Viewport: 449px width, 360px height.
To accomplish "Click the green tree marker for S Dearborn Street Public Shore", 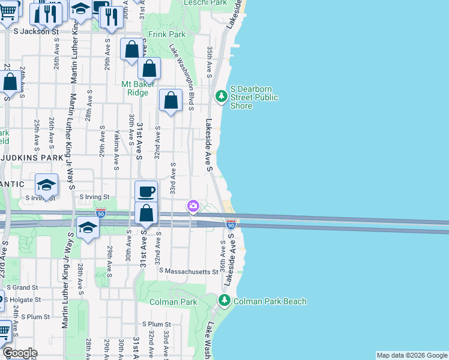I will [221, 95].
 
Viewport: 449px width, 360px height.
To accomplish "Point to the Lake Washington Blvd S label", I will [182, 77].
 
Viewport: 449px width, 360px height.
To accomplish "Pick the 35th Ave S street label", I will [209, 62].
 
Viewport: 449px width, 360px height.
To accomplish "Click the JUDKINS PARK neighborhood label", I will [32, 158].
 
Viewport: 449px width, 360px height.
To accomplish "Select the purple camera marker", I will [193, 206].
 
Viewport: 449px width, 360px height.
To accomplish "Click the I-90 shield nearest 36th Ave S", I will [231, 224].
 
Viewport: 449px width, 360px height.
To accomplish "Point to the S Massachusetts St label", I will [188, 272].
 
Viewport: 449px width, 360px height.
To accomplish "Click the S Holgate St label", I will [20, 299].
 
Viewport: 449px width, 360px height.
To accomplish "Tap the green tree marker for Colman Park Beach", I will [224, 300].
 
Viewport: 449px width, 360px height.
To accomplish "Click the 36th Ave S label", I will [223, 255].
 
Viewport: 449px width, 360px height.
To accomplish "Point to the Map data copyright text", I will [412, 355].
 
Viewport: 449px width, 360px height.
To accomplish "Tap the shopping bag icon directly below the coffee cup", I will [146, 214].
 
